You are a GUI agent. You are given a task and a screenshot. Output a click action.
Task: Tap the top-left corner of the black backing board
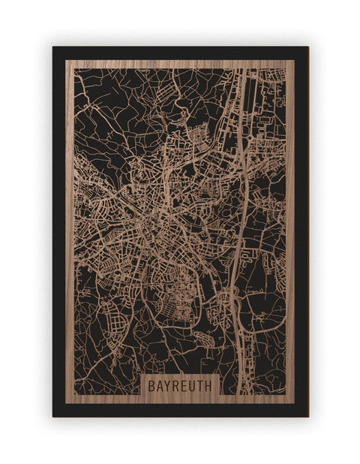coord(53,47)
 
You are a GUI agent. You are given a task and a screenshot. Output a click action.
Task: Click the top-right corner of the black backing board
coord(307,47)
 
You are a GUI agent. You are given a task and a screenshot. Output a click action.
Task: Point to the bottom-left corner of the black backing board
coord(53,416)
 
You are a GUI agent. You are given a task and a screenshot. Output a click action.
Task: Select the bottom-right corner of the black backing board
coord(307,416)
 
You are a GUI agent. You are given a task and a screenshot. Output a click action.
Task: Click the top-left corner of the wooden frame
coord(66,60)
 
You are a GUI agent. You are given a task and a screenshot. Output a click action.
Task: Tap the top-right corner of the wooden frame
coord(295,60)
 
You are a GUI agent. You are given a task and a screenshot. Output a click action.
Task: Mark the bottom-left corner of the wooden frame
coord(66,404)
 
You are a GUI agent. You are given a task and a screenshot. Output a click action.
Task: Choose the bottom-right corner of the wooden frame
coord(295,404)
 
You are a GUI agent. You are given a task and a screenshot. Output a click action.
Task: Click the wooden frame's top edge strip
coord(180,64)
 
